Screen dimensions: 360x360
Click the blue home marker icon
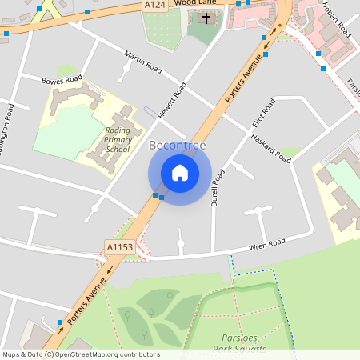[180, 172]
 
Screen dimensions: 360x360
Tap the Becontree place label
[178, 146]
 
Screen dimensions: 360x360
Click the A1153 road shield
[119, 249]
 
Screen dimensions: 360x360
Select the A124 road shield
[156, 5]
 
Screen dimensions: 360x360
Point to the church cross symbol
[206, 17]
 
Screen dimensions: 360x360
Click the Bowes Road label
[62, 80]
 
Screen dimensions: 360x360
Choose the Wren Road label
[266, 243]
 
